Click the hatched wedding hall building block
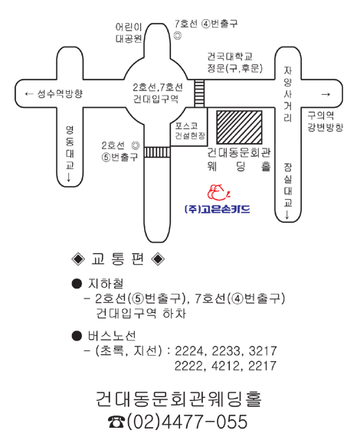pos(239,127)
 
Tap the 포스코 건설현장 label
pos(190,131)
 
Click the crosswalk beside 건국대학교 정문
pos(199,93)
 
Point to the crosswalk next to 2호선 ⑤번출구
pos(157,152)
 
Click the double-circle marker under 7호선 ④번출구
pos(178,36)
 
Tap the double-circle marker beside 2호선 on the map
pos(136,145)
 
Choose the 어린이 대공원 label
pos(129,33)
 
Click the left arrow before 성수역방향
pos(29,93)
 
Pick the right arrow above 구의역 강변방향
pos(326,94)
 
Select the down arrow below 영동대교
pos(69,178)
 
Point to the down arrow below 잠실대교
pos(287,215)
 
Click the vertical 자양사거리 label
pos(287,94)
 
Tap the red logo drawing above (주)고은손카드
pos(219,193)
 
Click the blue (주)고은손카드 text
pos(218,210)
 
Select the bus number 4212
pos(223,366)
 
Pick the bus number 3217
pos(263,351)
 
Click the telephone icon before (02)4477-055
pos(116,422)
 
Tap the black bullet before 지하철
pos(77,284)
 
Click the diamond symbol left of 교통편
pos(78,259)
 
